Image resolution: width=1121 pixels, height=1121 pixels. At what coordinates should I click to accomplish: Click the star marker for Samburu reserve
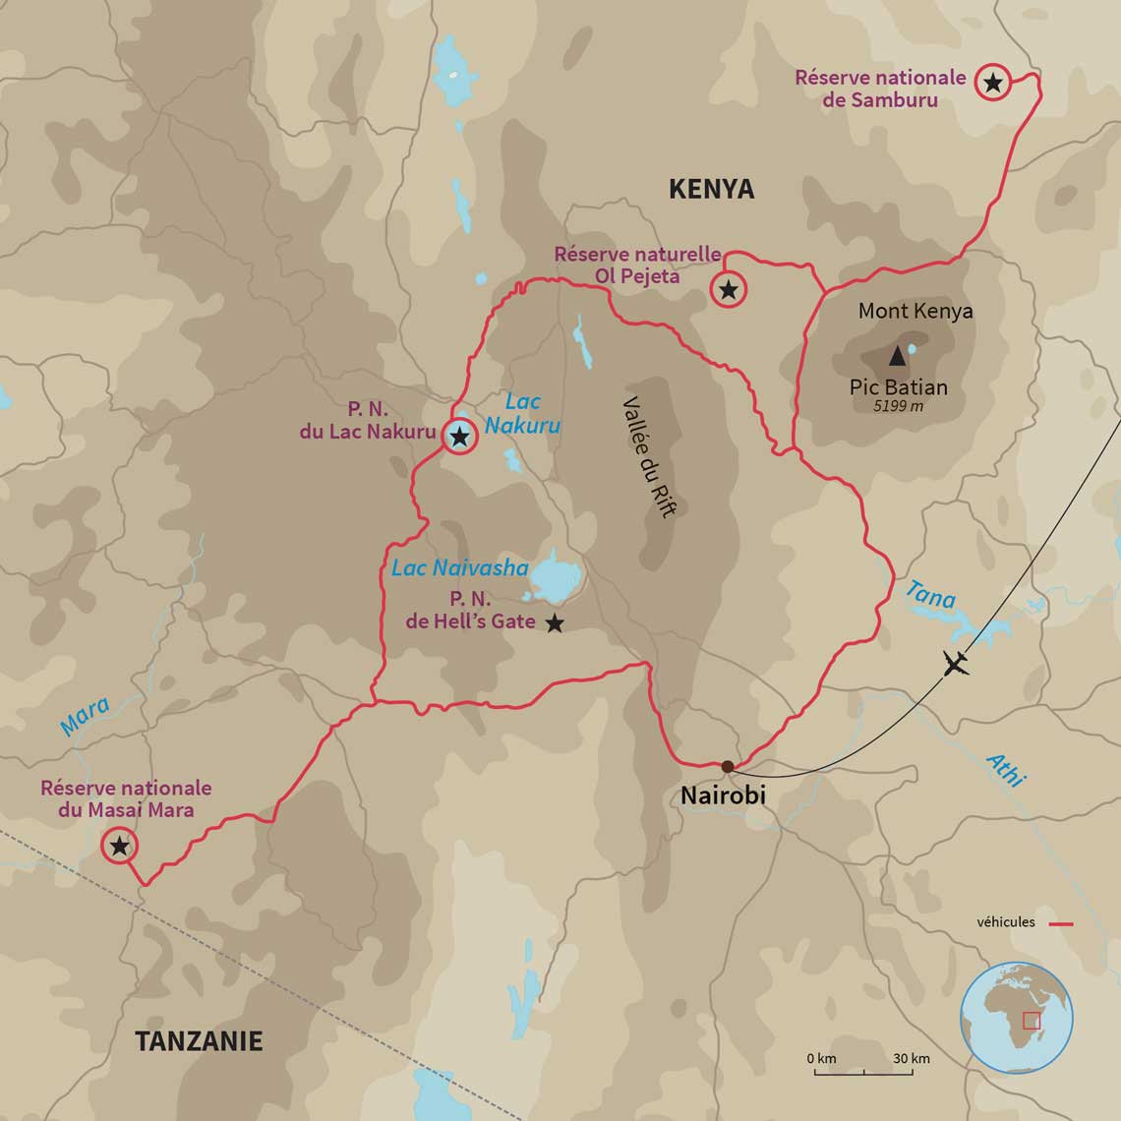pyautogui.click(x=992, y=84)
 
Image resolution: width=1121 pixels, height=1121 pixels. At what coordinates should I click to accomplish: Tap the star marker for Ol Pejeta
pyautogui.click(x=728, y=290)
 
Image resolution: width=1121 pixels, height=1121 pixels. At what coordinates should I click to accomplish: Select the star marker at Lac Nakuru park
pyautogui.click(x=459, y=436)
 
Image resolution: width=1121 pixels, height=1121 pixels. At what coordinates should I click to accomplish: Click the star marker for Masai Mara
pyautogui.click(x=119, y=845)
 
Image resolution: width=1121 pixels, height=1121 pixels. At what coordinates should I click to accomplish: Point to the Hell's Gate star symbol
pyautogui.click(x=555, y=622)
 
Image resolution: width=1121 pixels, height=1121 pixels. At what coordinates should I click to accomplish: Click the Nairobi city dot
pyautogui.click(x=727, y=766)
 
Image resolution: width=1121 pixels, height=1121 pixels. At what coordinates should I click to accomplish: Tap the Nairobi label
pyautogui.click(x=723, y=796)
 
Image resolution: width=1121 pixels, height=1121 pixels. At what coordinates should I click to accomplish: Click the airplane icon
pyautogui.click(x=955, y=664)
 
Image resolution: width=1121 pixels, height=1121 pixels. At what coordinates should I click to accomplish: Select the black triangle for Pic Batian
pyautogui.click(x=897, y=357)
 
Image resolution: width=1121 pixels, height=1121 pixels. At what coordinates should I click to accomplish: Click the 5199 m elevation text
pyautogui.click(x=899, y=405)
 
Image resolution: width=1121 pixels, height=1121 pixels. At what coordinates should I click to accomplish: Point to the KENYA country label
pyautogui.click(x=711, y=189)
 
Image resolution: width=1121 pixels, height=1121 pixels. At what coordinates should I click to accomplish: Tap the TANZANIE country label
pyautogui.click(x=199, y=1040)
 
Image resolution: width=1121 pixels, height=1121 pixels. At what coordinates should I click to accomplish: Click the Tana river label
pyautogui.click(x=929, y=594)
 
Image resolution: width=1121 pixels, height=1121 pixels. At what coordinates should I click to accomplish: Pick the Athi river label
pyautogui.click(x=1005, y=769)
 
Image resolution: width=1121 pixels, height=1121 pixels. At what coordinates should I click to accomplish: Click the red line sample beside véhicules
pyautogui.click(x=1061, y=923)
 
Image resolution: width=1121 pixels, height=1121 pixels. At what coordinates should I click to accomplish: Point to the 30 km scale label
pyautogui.click(x=911, y=1059)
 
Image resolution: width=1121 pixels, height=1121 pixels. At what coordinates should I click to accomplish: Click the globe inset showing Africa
pyautogui.click(x=1016, y=1018)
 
